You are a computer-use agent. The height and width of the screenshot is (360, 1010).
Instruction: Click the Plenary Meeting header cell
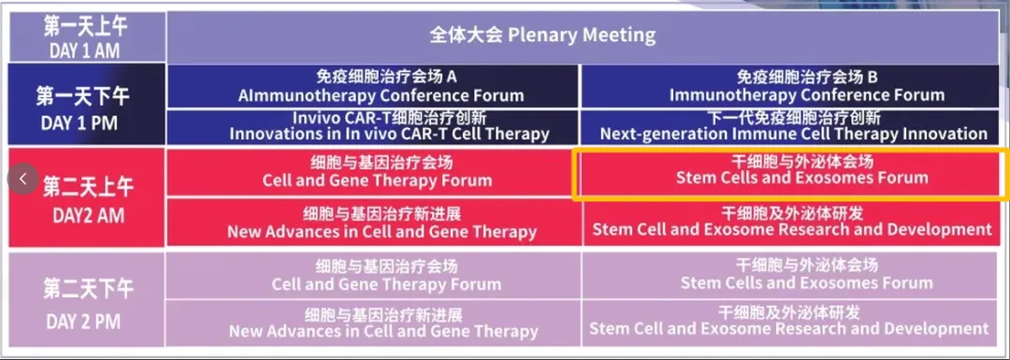click(584, 36)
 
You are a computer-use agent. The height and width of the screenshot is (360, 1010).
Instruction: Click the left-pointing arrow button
click(23, 179)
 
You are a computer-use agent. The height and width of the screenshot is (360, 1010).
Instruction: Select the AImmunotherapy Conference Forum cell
click(373, 86)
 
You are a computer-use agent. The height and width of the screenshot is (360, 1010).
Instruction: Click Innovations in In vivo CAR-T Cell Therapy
click(373, 127)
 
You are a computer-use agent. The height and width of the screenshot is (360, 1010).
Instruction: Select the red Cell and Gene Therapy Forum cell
click(373, 173)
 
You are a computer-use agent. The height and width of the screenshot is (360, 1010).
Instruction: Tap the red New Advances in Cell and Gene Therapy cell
click(373, 223)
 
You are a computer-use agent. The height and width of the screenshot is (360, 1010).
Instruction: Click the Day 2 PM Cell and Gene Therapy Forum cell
click(373, 276)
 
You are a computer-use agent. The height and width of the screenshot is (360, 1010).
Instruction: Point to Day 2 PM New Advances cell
click(373, 325)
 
